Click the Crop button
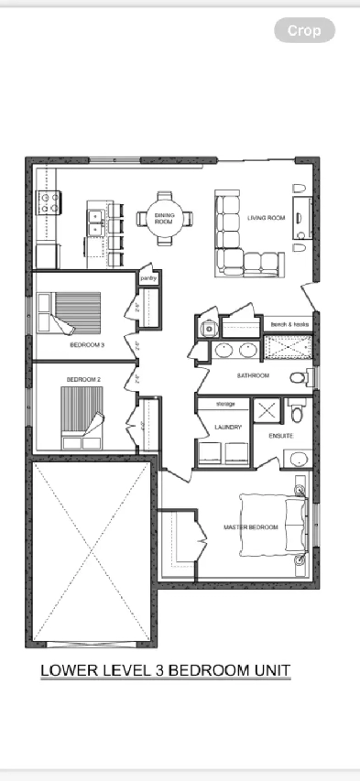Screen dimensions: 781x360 click(x=304, y=30)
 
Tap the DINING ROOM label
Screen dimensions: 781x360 click(x=164, y=218)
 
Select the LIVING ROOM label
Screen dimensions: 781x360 click(x=267, y=218)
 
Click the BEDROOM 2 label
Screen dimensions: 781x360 click(x=82, y=378)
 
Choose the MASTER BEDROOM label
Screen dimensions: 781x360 click(x=251, y=527)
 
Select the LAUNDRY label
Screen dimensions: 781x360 click(x=227, y=427)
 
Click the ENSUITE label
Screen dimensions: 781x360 click(x=280, y=436)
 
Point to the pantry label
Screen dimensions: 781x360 click(x=147, y=277)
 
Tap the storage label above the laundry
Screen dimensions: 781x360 click(x=225, y=403)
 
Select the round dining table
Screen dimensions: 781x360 click(x=165, y=218)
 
